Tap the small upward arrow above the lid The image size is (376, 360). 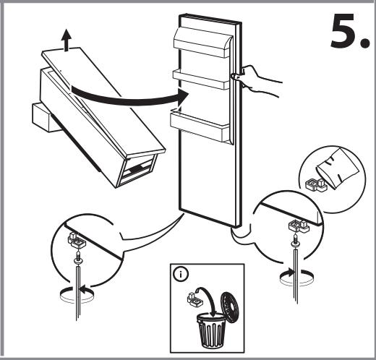66,40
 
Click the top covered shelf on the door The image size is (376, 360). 203,43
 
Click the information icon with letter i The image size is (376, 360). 180,274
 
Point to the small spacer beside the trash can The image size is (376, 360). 195,299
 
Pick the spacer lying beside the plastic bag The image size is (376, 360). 315,185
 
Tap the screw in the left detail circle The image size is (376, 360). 77,257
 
